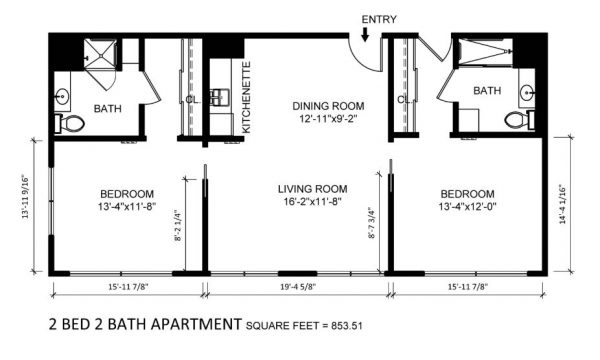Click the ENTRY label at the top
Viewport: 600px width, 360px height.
click(x=379, y=20)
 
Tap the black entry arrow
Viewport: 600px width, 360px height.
click(x=365, y=35)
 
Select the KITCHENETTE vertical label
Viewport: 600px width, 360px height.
click(x=247, y=98)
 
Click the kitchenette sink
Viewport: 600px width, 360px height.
click(x=219, y=97)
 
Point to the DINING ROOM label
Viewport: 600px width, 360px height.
click(x=328, y=106)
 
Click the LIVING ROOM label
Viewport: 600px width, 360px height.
click(x=312, y=189)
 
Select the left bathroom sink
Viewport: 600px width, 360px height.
click(x=62, y=96)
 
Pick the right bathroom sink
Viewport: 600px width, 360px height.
click(x=527, y=92)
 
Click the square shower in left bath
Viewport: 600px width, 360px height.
click(x=100, y=55)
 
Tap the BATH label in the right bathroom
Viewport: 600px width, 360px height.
click(x=487, y=91)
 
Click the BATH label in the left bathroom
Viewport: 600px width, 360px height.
click(x=108, y=109)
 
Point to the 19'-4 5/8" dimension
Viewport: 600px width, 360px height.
click(x=298, y=287)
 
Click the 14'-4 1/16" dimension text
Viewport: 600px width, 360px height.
click(x=562, y=204)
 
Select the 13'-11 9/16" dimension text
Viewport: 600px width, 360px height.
click(x=26, y=197)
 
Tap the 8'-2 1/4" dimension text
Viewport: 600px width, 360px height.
click(x=178, y=225)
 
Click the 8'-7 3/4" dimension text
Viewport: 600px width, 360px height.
click(x=372, y=223)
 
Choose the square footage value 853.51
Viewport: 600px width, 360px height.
click(x=347, y=326)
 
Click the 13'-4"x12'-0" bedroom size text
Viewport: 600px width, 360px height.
click(x=467, y=207)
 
